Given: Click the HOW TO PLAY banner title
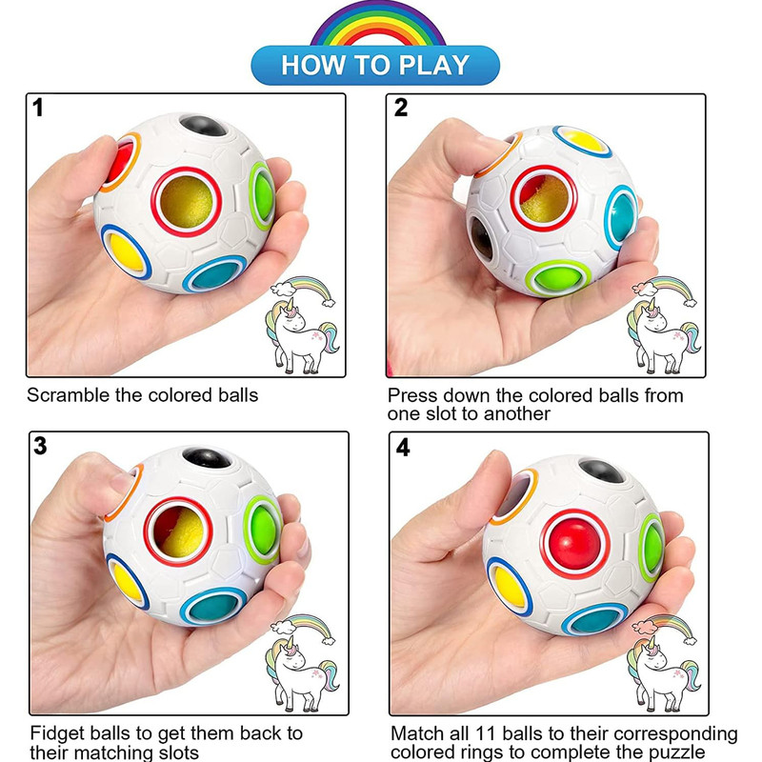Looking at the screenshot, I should point(375,66).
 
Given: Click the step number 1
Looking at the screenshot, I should point(38,108).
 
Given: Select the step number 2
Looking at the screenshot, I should point(401,108).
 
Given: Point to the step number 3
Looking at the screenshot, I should point(39,446).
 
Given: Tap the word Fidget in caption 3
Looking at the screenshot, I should point(56,733).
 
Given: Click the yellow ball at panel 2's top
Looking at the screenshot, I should point(582,140).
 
